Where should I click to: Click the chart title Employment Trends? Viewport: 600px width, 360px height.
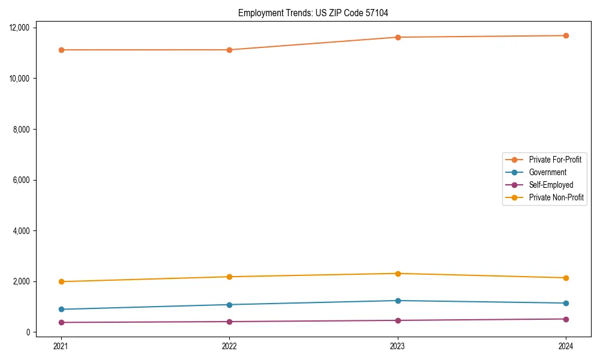coord(317,13)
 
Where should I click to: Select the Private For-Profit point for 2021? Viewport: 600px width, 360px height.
coord(61,50)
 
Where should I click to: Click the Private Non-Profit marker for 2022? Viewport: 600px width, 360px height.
coord(229,277)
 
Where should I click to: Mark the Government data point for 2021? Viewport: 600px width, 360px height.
coord(61,309)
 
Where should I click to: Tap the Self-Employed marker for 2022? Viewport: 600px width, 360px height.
coord(229,322)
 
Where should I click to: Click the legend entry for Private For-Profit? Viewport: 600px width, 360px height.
coord(555,160)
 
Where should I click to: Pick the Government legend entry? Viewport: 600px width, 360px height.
coord(547,172)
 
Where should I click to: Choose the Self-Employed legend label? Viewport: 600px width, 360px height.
coord(551,185)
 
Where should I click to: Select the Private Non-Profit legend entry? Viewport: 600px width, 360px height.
coord(556,197)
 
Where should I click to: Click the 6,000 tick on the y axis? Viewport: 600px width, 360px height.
coord(26,180)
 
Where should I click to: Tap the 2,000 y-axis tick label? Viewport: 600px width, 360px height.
coord(26,281)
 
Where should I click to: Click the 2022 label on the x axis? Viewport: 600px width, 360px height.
coord(229,346)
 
